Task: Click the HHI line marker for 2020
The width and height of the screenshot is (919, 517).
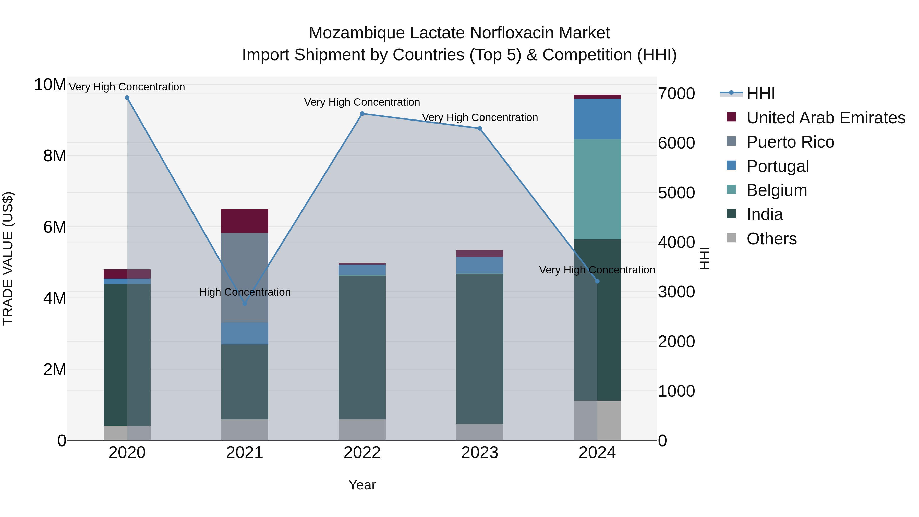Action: (127, 98)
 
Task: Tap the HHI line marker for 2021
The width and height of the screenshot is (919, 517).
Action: (245, 304)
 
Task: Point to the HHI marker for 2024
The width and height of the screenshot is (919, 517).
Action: (598, 281)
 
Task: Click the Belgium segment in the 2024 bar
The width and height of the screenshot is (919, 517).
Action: (597, 189)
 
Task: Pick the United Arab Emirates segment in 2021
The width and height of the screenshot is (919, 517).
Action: (245, 221)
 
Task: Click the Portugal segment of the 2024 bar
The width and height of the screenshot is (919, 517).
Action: (597, 119)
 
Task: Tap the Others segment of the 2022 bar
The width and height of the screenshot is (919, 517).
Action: (362, 430)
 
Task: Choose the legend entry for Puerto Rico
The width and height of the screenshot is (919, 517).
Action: (790, 142)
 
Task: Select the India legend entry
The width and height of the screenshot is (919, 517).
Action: (765, 215)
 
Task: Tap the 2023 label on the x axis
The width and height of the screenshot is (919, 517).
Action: (479, 453)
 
